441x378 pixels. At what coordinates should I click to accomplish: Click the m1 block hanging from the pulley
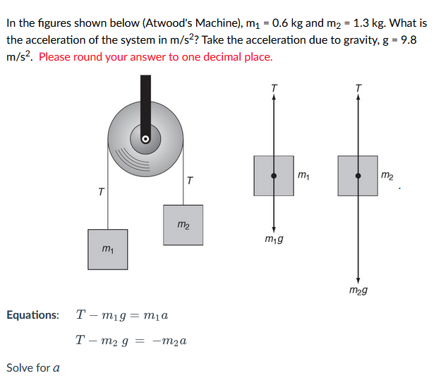tap(108, 249)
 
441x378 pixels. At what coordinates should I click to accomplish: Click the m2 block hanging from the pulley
tap(183, 224)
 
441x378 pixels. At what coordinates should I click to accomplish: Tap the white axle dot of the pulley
tap(145, 138)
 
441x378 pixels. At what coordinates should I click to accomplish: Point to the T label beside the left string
tap(101, 191)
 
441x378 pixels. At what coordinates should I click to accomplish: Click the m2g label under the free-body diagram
tap(358, 290)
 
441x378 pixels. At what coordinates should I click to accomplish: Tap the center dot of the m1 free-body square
tap(274, 175)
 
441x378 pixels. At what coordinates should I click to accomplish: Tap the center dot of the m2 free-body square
tap(358, 175)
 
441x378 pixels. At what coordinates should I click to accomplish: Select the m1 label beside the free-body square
tap(303, 173)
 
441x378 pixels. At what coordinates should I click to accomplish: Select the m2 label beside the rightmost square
tap(387, 173)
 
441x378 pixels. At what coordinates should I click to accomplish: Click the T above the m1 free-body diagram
tap(274, 87)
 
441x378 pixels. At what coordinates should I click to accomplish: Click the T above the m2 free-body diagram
tap(358, 87)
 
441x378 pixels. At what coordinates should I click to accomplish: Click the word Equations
tap(32, 315)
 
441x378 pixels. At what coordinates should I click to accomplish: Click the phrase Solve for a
tap(33, 367)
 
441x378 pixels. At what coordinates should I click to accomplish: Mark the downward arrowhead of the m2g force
tap(358, 280)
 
